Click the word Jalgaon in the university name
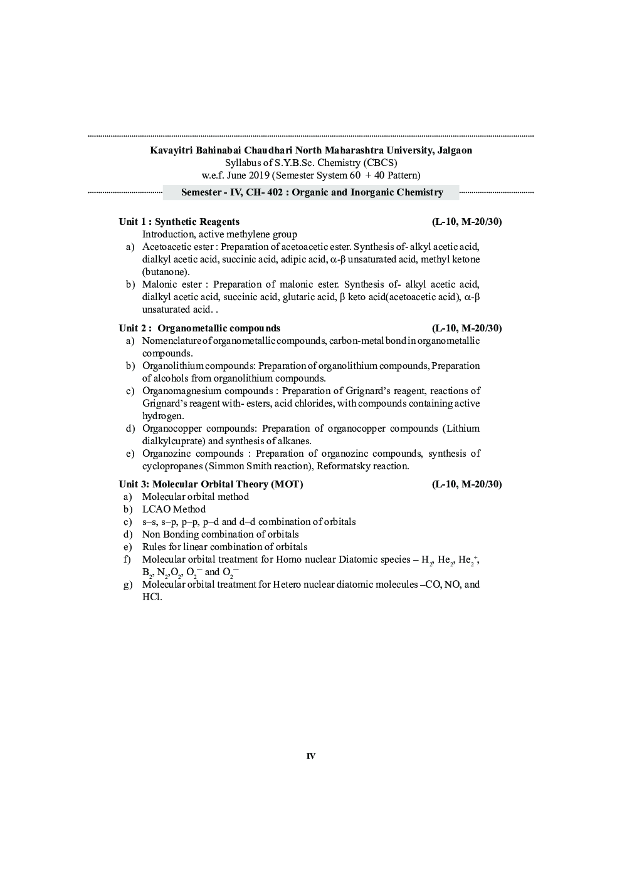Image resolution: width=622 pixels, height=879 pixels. pos(453,150)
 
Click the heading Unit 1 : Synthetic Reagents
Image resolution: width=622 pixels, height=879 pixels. pos(179,222)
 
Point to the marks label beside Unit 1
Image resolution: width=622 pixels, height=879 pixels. pos(467,222)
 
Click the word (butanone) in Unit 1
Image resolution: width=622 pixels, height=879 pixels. pos(166,272)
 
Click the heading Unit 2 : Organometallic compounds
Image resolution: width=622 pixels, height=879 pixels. pos(199,328)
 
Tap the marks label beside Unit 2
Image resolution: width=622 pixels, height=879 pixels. pos(467,328)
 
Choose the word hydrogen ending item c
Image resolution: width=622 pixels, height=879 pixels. pos(163,416)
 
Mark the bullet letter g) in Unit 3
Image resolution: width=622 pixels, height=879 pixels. pos(129,585)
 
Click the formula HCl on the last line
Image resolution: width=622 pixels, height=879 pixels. pos(152,597)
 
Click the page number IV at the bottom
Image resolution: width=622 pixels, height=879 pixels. pos(311,756)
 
